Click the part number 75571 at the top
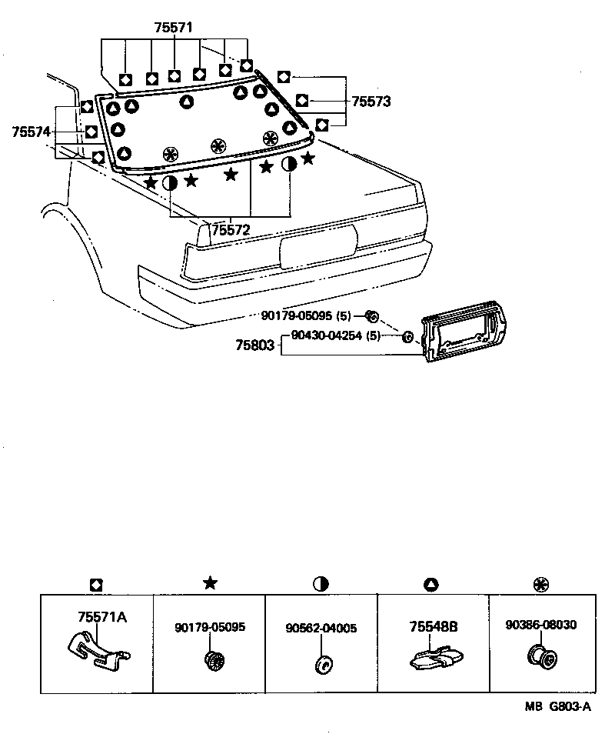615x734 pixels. click(175, 28)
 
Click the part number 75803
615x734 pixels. click(254, 346)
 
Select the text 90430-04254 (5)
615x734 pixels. click(335, 335)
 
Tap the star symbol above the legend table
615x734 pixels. click(209, 583)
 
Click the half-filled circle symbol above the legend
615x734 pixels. click(321, 584)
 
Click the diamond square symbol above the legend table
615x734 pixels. click(96, 584)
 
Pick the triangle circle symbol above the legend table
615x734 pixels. click(430, 584)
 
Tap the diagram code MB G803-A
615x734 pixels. click(559, 707)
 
